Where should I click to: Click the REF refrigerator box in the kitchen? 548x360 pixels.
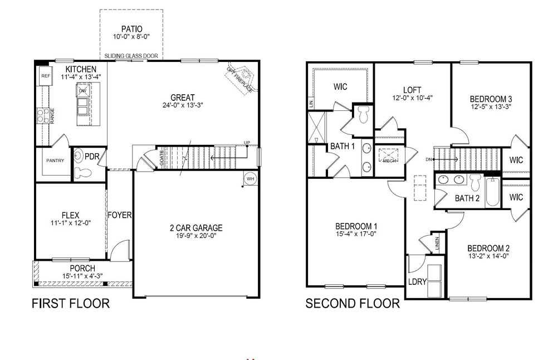45,76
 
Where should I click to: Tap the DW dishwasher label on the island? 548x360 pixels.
82,91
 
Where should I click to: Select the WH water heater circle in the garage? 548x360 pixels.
250,178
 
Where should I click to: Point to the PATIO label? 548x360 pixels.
131,29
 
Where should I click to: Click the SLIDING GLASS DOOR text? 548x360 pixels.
131,56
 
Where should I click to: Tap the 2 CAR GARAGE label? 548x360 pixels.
196,227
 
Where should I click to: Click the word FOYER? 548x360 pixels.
120,215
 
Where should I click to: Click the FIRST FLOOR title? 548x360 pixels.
70,303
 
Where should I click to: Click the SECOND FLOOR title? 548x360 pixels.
352,303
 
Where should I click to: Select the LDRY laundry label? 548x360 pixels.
417,282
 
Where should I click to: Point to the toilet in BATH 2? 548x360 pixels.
476,182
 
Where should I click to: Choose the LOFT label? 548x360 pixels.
412,90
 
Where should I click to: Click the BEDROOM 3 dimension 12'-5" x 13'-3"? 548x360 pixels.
491,105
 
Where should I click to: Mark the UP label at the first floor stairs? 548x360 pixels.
246,144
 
